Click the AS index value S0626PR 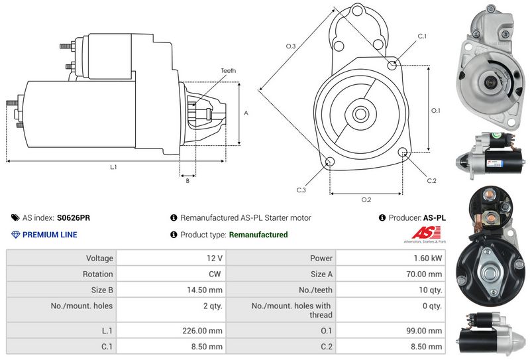tap(74, 217)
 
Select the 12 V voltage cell tap(215, 258)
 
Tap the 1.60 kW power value tap(428, 258)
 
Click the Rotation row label tap(99, 274)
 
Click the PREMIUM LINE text tap(50, 235)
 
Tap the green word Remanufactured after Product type tap(258, 235)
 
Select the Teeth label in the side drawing tap(228, 71)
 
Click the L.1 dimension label tap(113, 167)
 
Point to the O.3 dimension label tap(290, 46)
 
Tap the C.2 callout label tap(431, 180)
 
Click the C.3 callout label tap(300, 190)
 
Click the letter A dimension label tap(246, 113)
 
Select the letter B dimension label tap(187, 180)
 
